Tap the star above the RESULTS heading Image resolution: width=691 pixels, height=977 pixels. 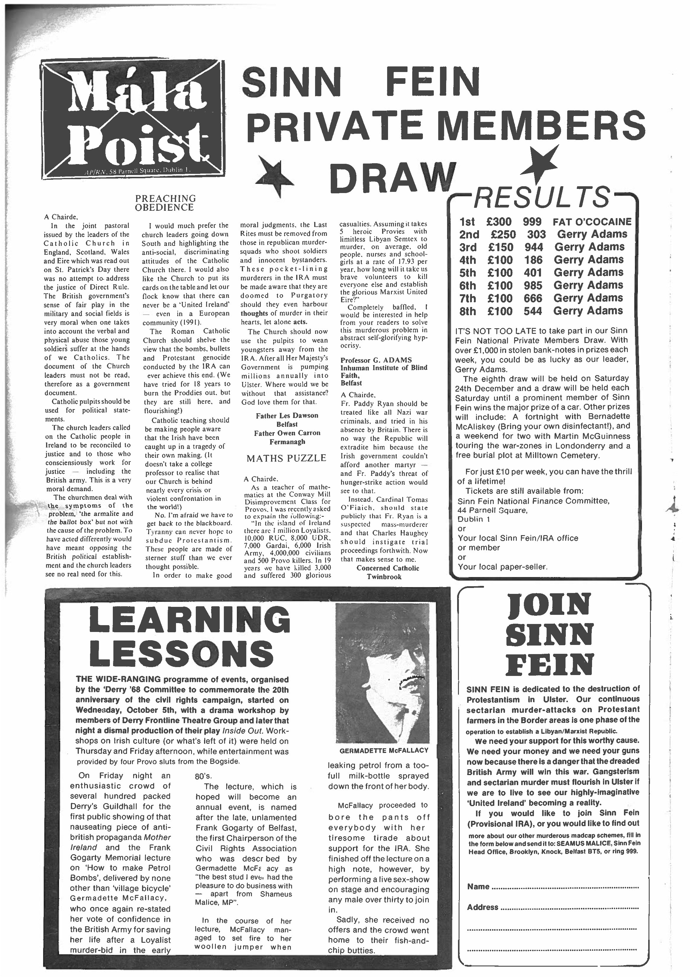(541, 164)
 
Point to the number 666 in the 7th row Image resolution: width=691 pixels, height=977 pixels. (533, 298)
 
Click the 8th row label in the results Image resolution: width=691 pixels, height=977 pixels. (468, 311)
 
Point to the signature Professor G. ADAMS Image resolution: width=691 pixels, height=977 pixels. (376, 360)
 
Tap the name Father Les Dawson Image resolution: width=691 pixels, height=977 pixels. (287, 415)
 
